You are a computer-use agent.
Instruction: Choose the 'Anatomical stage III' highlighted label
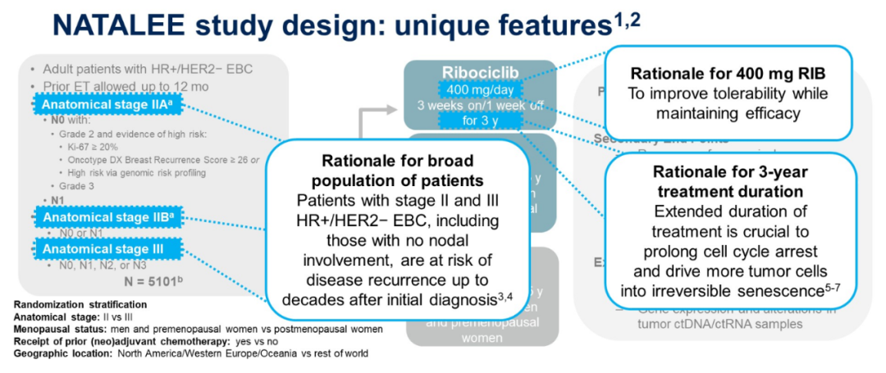99,248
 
